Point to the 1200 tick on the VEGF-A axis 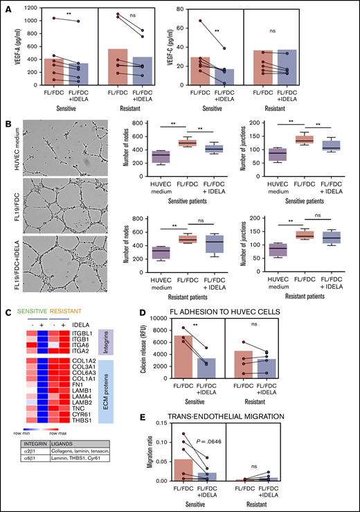pyautogui.click(x=28, y=7)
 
